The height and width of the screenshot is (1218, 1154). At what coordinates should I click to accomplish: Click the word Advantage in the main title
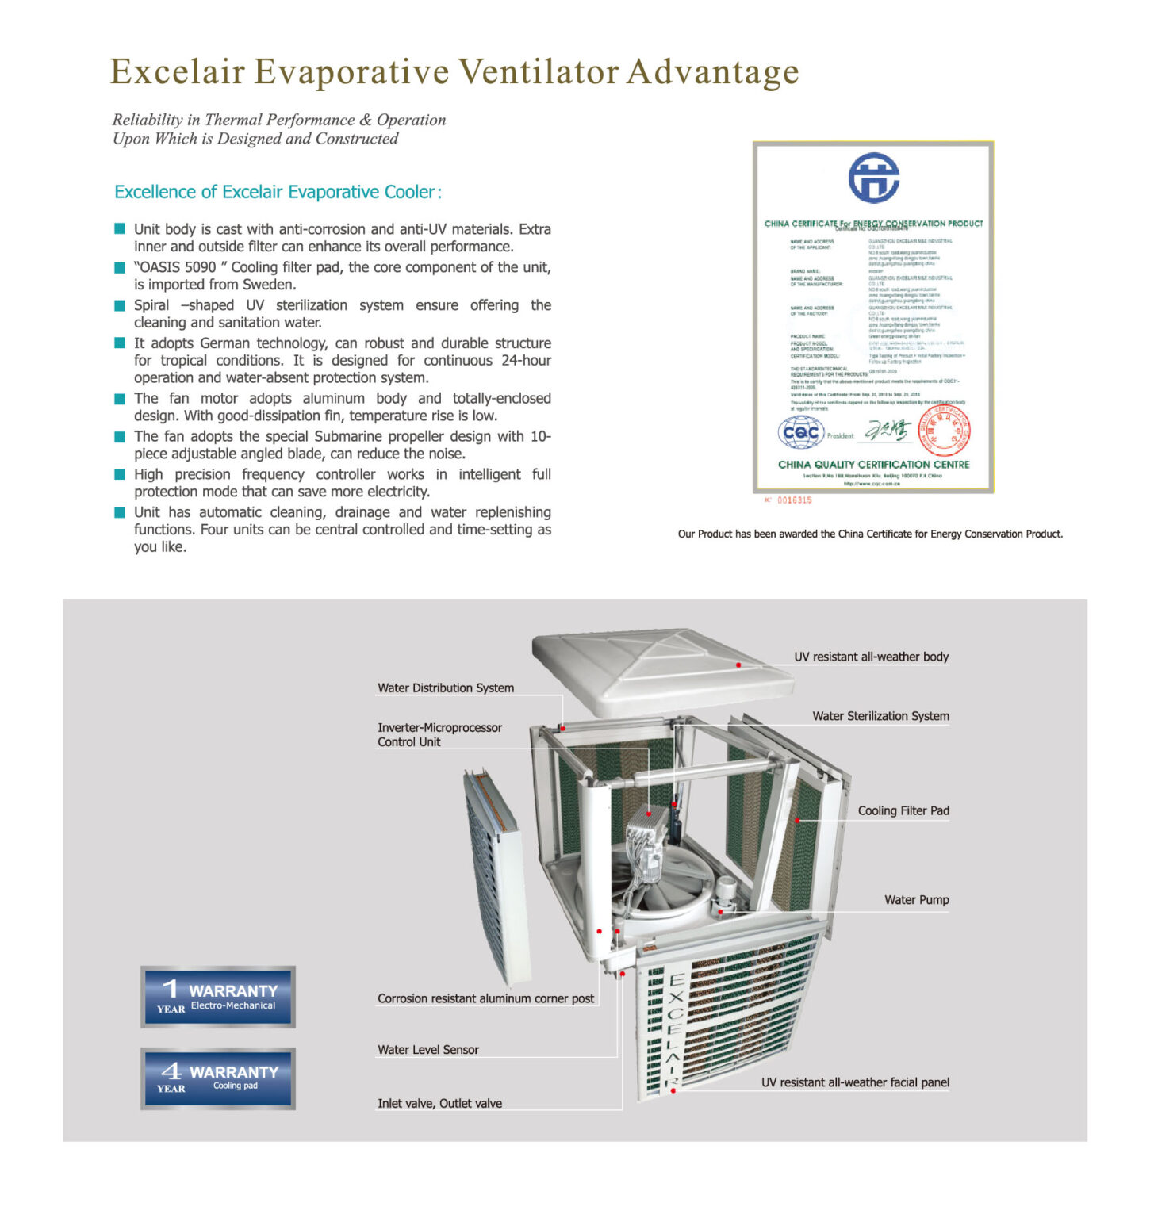tap(712, 72)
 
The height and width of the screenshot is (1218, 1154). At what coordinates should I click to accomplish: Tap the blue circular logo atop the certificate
tap(873, 178)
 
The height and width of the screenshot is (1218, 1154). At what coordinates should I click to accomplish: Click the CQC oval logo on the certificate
tap(801, 432)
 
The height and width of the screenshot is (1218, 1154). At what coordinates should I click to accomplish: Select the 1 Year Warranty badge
tap(218, 997)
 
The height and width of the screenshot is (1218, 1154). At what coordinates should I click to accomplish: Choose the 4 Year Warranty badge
tap(218, 1078)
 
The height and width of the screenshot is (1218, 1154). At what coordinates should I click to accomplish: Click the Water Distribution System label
tap(445, 688)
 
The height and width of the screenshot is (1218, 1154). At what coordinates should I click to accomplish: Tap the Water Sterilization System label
tap(880, 716)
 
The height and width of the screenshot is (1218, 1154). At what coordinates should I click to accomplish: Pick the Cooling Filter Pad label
tap(903, 810)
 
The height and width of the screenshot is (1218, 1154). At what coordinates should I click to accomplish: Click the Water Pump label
tap(916, 900)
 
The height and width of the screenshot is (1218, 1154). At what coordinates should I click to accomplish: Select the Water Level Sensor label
tap(427, 1050)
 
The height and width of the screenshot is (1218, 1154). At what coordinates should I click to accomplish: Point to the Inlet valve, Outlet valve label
tap(439, 1104)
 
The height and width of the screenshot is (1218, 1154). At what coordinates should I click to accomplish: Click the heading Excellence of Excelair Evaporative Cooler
tap(278, 192)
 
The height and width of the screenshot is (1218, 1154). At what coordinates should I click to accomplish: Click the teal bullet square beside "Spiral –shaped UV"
tap(120, 305)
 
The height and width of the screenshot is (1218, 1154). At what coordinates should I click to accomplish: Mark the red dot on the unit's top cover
tap(738, 665)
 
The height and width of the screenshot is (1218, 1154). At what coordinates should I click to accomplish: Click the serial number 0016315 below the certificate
tap(794, 500)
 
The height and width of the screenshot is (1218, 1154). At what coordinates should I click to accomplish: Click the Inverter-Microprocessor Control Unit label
tap(439, 735)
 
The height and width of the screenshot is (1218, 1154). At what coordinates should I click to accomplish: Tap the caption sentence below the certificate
tap(870, 534)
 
